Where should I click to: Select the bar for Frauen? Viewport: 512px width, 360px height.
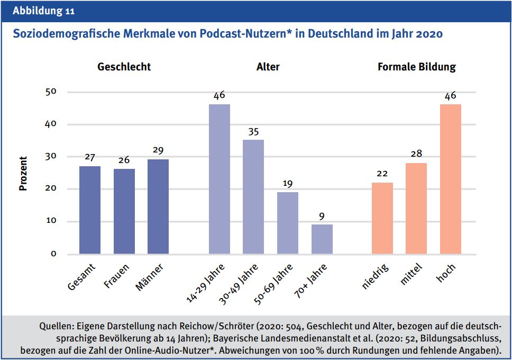124,211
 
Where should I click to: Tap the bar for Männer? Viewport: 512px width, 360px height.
158,206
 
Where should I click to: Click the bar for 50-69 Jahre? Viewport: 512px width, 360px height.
288,223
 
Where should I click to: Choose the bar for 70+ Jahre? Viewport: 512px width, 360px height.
322,239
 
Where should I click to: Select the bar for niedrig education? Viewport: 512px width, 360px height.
382,218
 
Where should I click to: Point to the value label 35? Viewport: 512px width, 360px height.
253,131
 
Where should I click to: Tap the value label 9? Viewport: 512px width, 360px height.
322,216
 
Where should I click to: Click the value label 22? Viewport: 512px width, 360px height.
382,174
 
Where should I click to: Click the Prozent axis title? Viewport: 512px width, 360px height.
23,173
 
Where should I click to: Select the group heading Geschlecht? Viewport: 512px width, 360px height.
124,67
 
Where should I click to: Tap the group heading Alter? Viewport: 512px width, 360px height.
268,67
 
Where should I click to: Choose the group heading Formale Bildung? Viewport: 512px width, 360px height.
417,67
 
